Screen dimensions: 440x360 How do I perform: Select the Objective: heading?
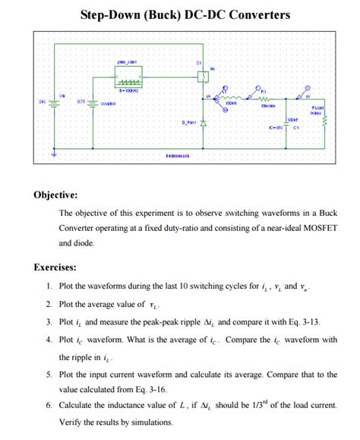[x=55, y=195]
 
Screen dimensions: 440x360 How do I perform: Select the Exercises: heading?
[x=55, y=267]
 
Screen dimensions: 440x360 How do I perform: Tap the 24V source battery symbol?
[x=52, y=103]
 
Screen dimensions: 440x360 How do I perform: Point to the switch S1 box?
[x=202, y=75]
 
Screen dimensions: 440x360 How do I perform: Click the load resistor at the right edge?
[x=324, y=121]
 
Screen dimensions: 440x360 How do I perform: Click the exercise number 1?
[x=48, y=286]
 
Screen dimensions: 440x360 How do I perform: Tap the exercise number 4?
[x=48, y=340]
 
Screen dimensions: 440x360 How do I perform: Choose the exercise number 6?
[x=48, y=408]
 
